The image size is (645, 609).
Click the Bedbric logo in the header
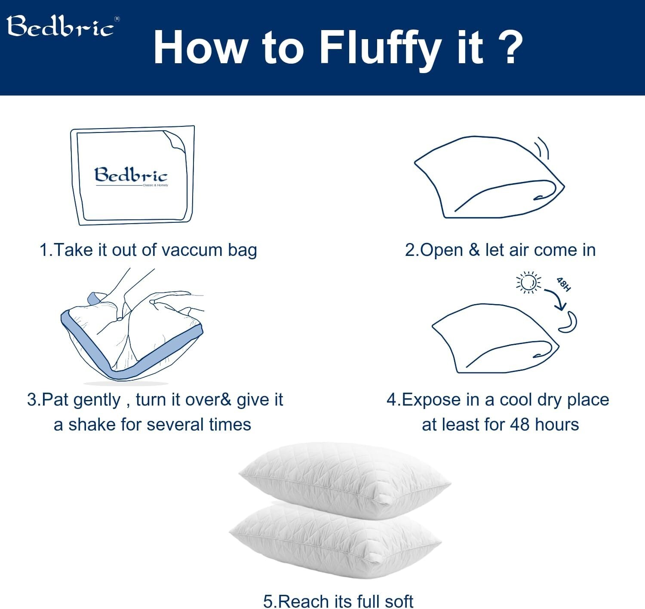tap(60, 27)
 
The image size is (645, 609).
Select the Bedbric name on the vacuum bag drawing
tap(131, 175)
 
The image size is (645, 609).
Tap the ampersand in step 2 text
tap(474, 250)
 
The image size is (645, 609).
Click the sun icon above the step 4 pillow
tap(528, 283)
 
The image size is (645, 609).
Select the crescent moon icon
tap(569, 323)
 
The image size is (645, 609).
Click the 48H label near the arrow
tap(563, 284)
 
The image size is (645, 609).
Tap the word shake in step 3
tap(92, 424)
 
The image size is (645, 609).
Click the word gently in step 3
tap(97, 400)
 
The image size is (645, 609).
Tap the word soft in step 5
tap(399, 601)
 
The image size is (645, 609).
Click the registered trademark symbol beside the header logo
tap(117, 19)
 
